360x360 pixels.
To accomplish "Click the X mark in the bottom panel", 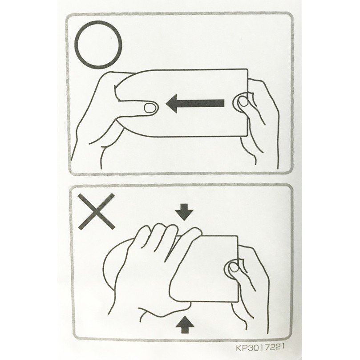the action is tap(96, 211).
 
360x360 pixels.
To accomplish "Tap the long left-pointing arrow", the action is tap(195, 103).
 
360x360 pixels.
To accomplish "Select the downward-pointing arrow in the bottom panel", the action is tap(184, 212).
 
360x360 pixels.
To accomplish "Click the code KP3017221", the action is tap(260, 347).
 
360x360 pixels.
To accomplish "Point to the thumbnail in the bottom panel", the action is tap(234, 267).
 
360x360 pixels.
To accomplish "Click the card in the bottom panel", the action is tap(204, 269).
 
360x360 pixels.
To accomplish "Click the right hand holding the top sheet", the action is tap(257, 119).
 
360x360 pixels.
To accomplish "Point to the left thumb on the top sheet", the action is tap(135, 107).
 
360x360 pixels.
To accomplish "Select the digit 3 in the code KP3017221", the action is tap(249, 347).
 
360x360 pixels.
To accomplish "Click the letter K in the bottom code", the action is tap(239, 347).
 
